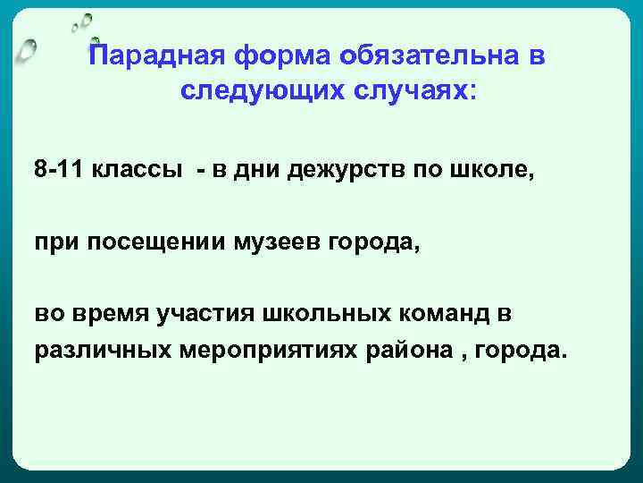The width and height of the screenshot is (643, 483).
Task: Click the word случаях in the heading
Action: (406, 91)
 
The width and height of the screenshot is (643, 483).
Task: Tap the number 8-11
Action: (58, 170)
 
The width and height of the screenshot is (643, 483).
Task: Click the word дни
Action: (259, 170)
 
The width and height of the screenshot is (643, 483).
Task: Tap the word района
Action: (408, 350)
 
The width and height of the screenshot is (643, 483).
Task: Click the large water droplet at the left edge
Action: (28, 53)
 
